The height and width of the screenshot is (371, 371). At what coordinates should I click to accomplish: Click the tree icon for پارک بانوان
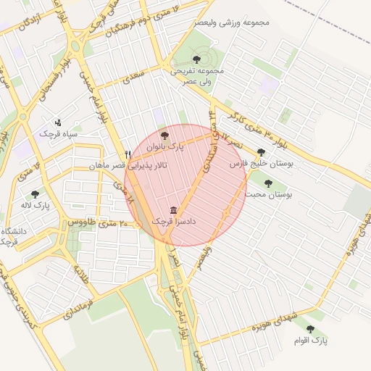coord(164,135)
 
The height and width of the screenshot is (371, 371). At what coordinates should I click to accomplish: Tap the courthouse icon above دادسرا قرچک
coord(172,208)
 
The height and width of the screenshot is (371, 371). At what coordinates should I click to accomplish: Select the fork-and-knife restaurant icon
coord(128,154)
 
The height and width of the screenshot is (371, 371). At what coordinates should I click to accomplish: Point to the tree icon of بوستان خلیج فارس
coord(261,153)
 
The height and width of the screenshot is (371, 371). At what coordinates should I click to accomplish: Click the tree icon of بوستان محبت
coord(269,183)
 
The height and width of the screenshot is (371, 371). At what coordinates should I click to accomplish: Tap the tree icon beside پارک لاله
coord(35,194)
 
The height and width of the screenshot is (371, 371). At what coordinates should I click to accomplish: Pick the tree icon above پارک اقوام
coord(310,329)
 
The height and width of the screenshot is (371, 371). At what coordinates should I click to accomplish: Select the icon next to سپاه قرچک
coord(58,122)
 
